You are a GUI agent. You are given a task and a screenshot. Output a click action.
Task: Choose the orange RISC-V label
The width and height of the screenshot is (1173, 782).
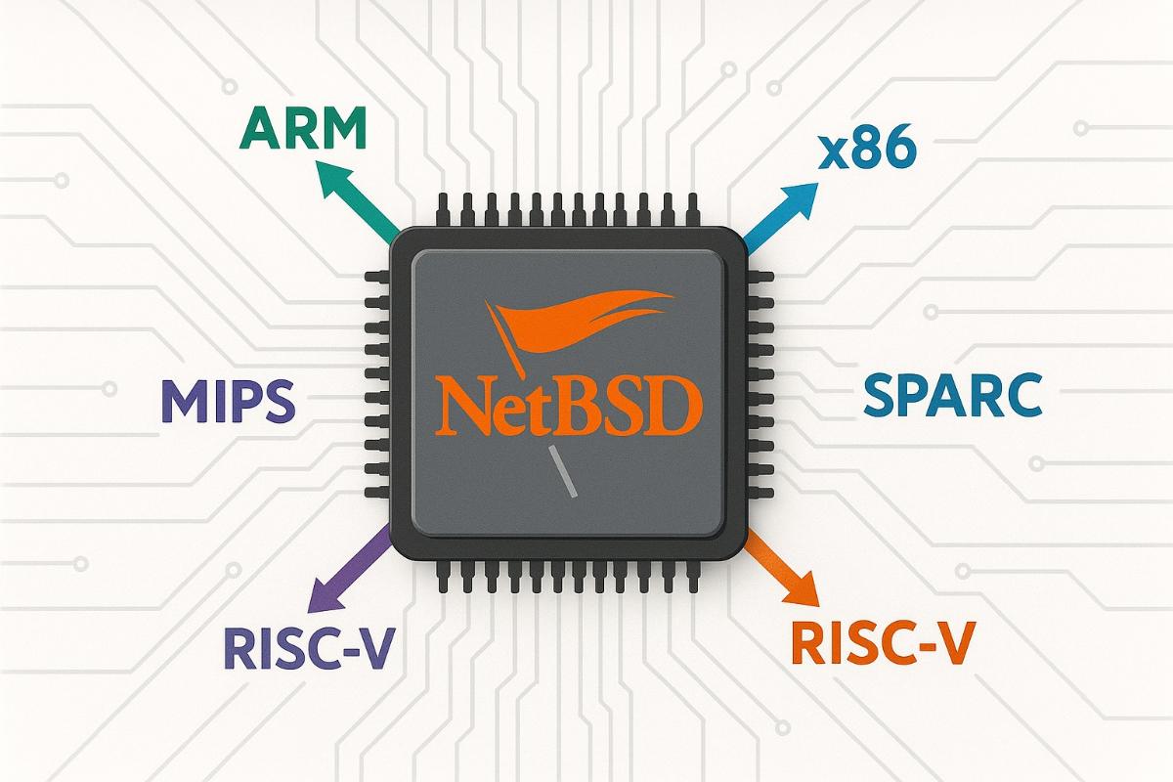coord(881,642)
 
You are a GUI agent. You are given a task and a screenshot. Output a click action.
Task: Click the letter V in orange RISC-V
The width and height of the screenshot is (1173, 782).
coord(953,642)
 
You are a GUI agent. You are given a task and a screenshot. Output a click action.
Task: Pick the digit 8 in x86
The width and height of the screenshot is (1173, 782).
coord(866,152)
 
